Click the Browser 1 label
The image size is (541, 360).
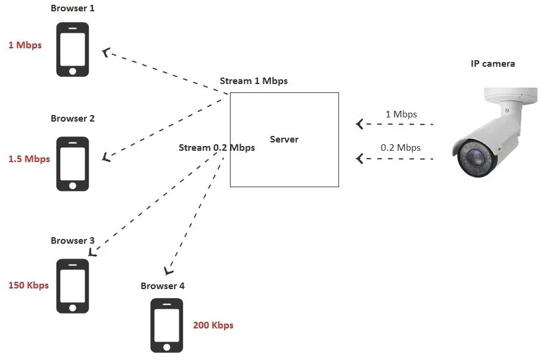click(x=72, y=8)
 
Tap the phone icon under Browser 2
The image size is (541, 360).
click(x=73, y=164)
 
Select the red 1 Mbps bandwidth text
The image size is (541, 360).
click(x=25, y=45)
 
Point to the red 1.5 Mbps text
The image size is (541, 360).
click(x=29, y=159)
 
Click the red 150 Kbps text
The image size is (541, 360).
click(x=29, y=285)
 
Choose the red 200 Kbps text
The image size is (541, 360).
click(x=213, y=325)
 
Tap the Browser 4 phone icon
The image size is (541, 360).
click(x=166, y=325)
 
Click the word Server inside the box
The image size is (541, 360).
click(x=284, y=139)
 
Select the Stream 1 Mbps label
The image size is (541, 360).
click(x=254, y=81)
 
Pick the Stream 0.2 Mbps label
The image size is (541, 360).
click(x=217, y=148)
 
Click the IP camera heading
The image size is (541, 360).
click(x=493, y=64)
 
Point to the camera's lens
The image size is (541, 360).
click(x=475, y=157)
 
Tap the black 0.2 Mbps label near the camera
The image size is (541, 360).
click(x=400, y=148)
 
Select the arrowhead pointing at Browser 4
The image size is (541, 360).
click(x=169, y=269)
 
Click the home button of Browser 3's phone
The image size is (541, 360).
click(x=73, y=308)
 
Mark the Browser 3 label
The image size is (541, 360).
click(x=72, y=241)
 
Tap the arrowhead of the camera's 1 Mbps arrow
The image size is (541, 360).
click(x=359, y=124)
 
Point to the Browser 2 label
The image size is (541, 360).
click(x=72, y=119)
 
